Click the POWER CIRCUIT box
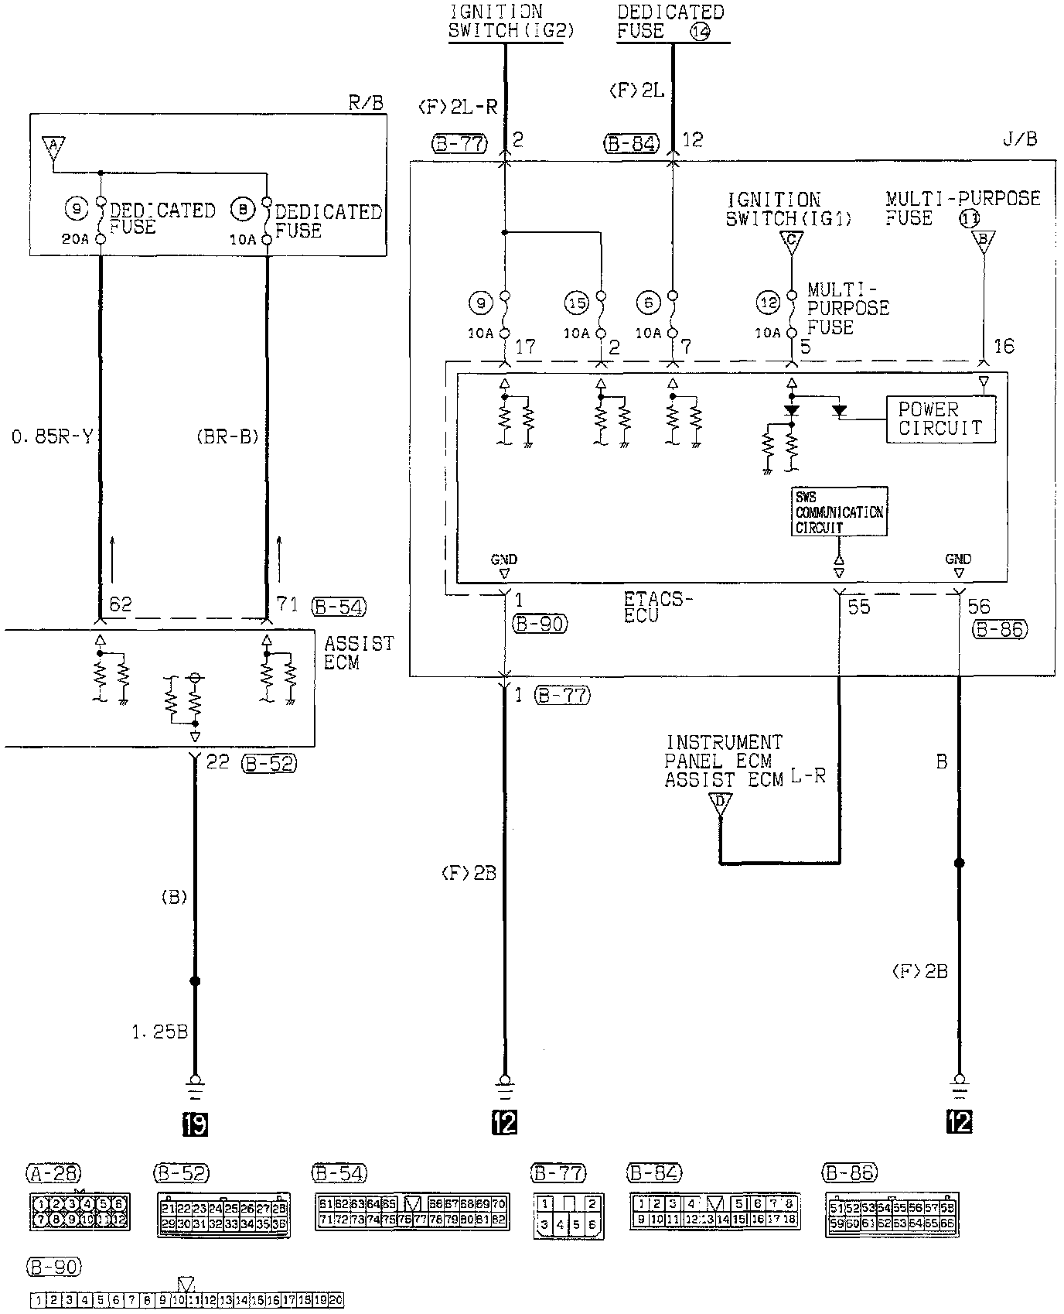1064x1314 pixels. (940, 419)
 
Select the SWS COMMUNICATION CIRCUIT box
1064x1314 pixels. (839, 512)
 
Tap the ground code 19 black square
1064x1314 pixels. (195, 1123)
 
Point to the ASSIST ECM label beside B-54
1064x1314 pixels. (359, 652)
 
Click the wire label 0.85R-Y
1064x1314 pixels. (52, 438)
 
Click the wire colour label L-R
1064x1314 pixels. (808, 775)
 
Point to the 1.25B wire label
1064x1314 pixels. (159, 1032)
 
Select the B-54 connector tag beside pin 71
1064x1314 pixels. (338, 607)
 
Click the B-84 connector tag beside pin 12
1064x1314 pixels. (632, 143)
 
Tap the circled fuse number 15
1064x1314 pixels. (577, 303)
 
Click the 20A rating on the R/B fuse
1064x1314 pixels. (75, 239)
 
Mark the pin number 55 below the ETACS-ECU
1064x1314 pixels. (859, 607)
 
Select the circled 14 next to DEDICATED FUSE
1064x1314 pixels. (700, 32)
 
